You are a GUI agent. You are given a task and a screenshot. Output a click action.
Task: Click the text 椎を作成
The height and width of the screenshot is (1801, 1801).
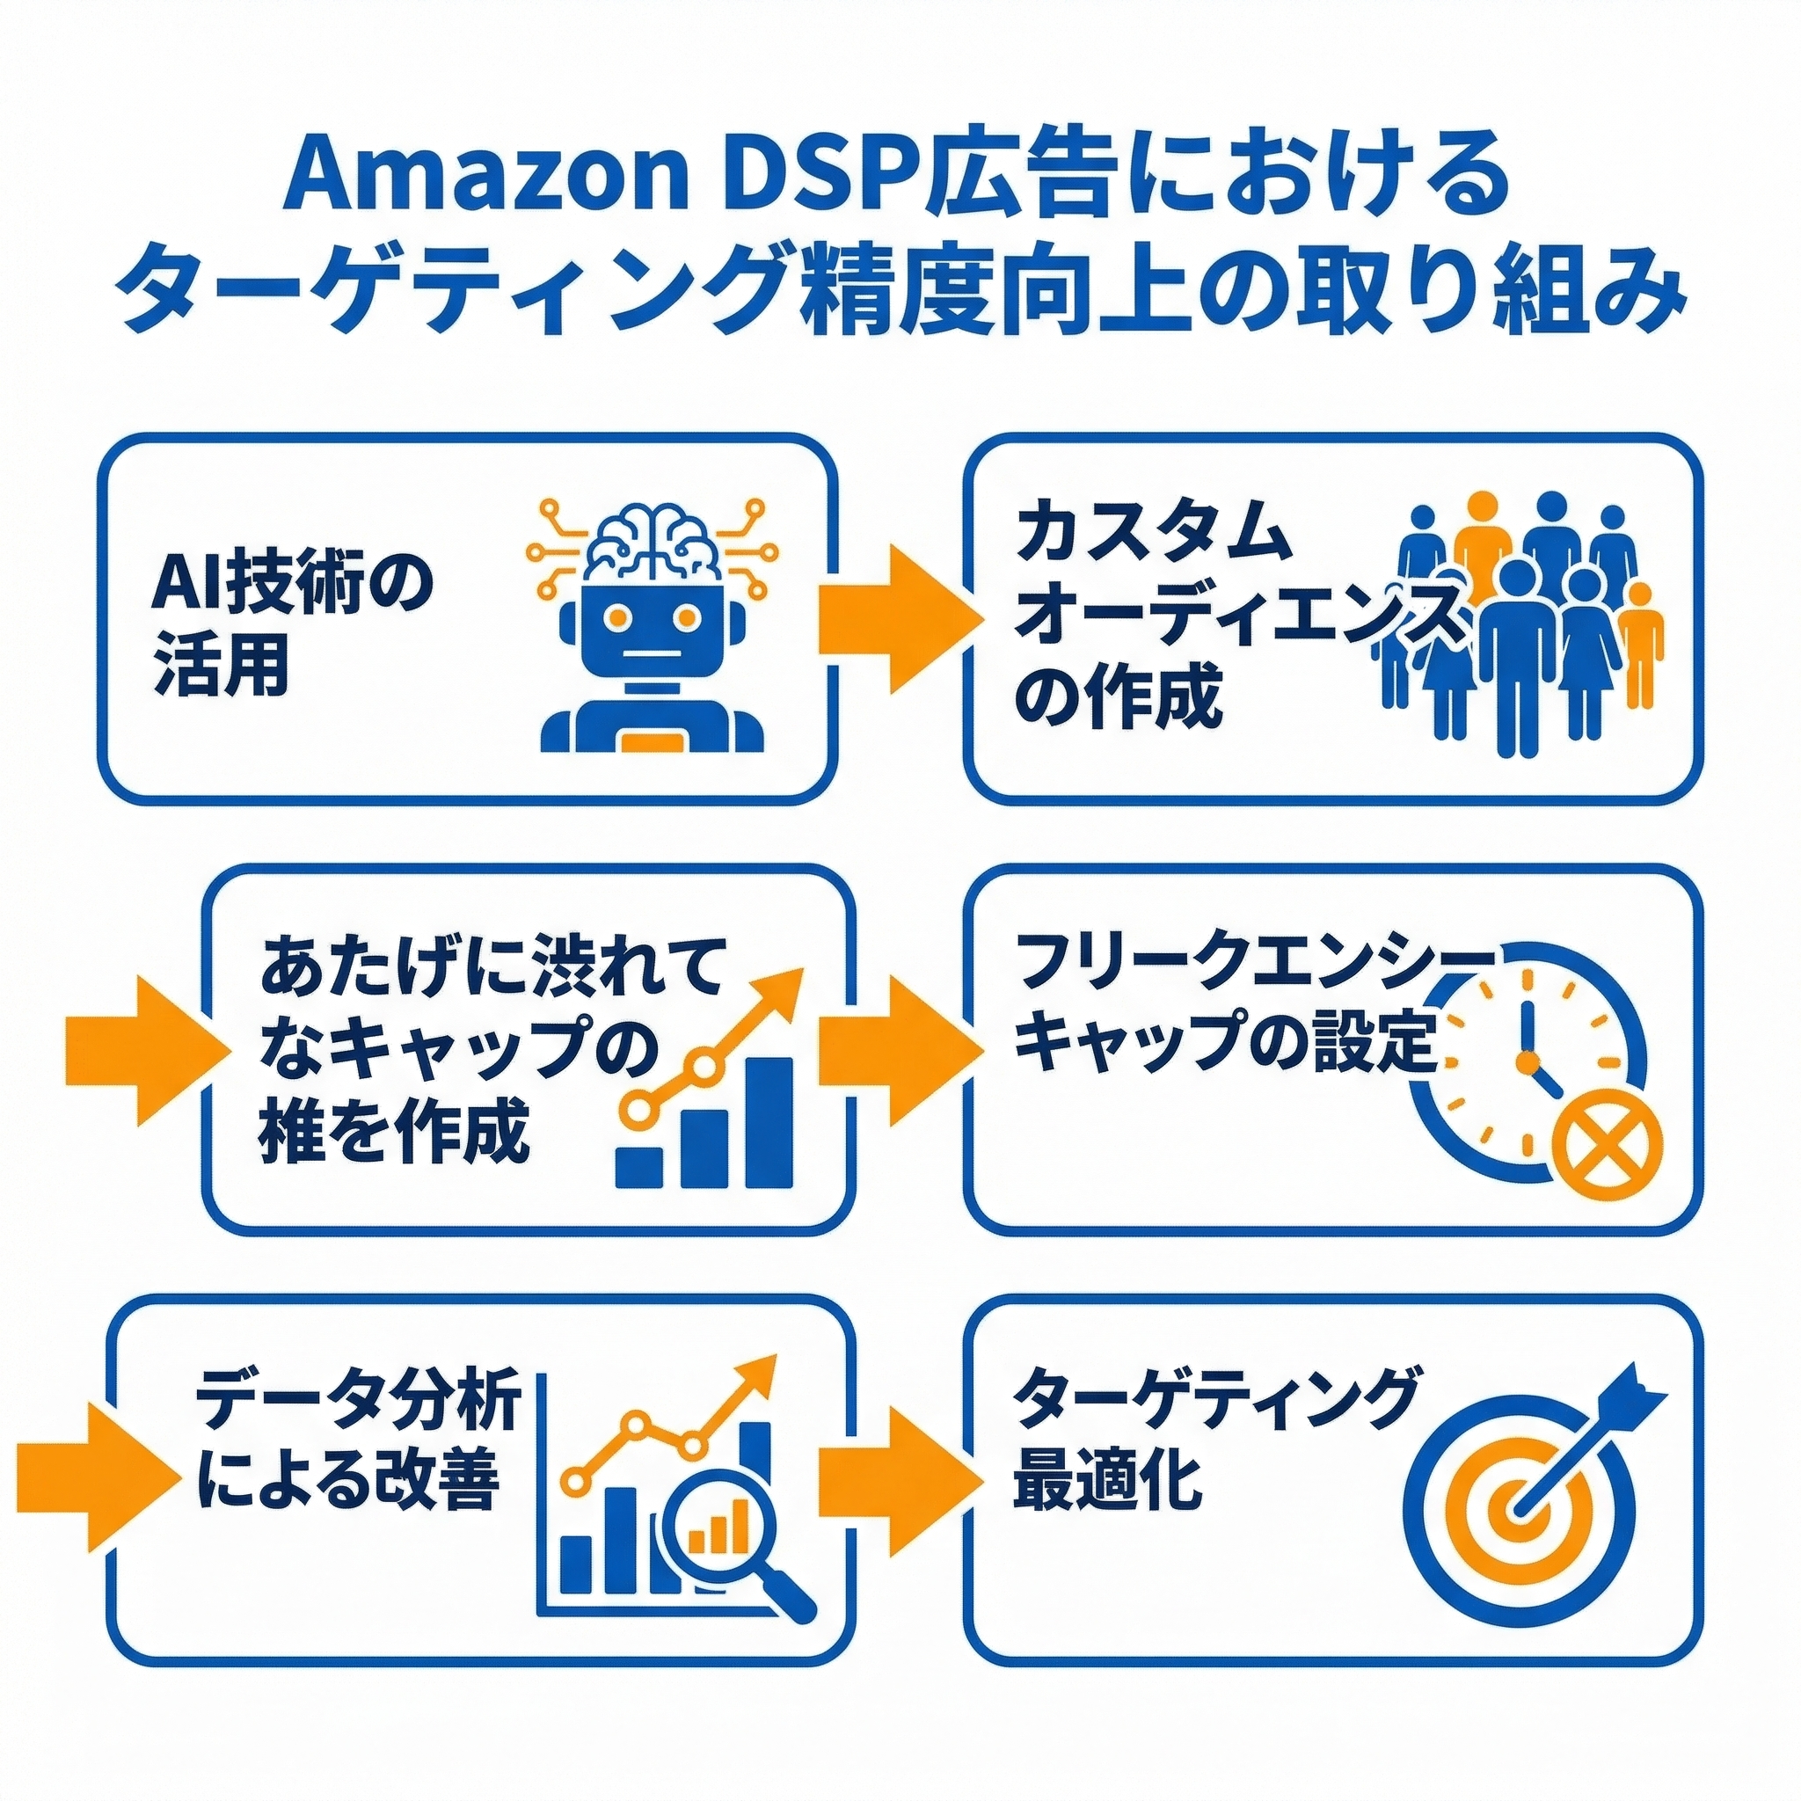pyautogui.click(x=392, y=1133)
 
